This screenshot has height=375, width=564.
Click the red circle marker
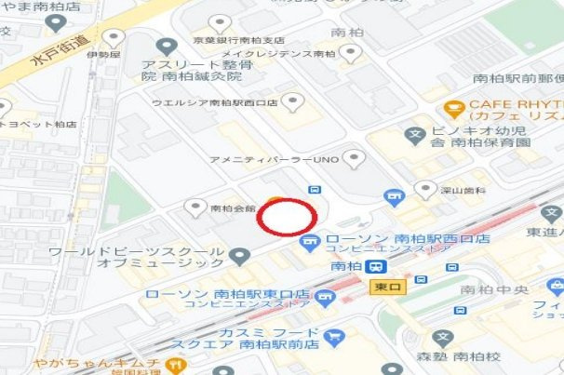click(287, 217)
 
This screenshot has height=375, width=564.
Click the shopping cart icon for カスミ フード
click(335, 336)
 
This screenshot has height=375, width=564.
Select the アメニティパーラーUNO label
click(274, 160)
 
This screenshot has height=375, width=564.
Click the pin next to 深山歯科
click(425, 191)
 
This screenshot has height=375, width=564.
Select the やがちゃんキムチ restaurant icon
click(173, 363)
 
